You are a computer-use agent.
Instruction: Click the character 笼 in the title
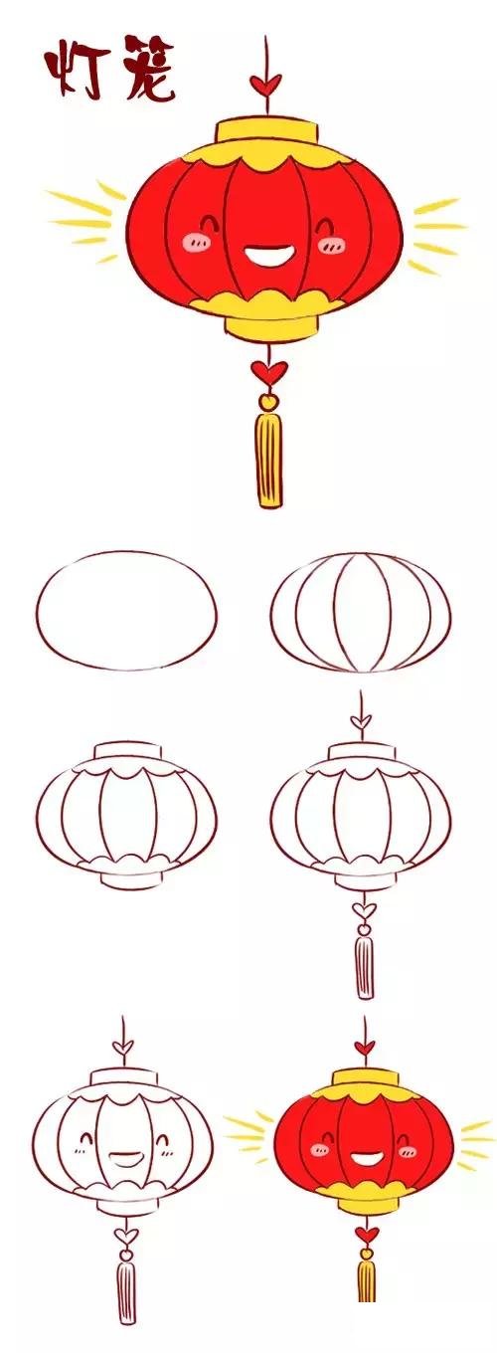pos(146,70)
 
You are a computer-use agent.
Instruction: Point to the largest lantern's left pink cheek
pos(194,240)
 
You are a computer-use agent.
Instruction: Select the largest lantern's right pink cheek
pos(327,242)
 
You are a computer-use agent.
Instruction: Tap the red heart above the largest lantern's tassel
pos(266,373)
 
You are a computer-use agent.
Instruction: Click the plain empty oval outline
pos(125,609)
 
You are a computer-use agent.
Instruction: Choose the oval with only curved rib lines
pos(359,610)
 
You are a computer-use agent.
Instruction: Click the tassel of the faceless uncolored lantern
pos(364,964)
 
